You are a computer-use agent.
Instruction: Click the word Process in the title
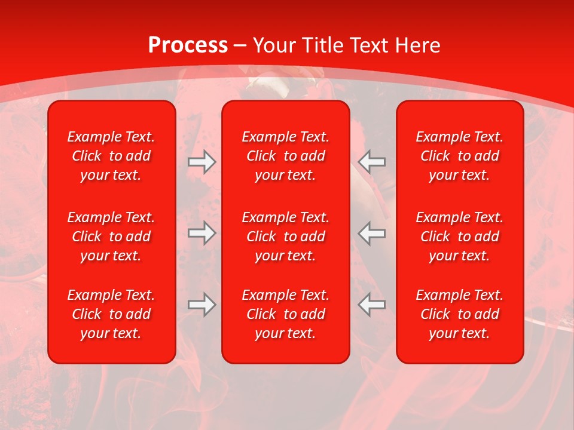point(188,45)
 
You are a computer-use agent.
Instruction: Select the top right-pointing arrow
point(202,162)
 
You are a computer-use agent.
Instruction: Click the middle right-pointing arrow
point(202,233)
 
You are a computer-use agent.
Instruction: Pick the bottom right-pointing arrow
point(202,305)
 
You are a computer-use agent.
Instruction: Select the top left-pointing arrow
point(372,162)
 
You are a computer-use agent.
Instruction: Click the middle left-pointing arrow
point(372,233)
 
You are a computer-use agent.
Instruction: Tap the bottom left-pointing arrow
point(372,305)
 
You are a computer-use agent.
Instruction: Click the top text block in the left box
point(111,156)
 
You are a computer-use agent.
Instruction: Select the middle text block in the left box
point(111,236)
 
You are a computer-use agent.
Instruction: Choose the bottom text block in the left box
point(111,314)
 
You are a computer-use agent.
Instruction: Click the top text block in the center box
point(286,156)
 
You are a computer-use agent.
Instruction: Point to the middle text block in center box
point(286,236)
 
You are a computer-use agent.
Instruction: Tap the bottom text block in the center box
point(286,314)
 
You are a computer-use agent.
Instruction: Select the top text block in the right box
point(460,156)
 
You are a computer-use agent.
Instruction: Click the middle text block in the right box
point(460,236)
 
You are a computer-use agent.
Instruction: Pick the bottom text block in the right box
point(460,314)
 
